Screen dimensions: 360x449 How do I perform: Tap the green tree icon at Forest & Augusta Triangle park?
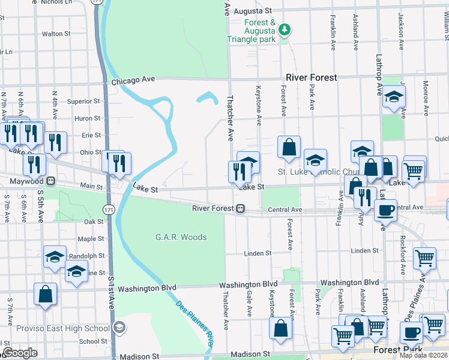[286, 29]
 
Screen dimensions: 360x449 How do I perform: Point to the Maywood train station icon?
[51, 180]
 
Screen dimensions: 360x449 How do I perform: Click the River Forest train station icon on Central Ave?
[240, 209]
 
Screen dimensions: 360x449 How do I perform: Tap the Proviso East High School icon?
[119, 328]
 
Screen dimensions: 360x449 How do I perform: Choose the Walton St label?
[56, 34]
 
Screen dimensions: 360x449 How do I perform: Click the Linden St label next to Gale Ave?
[258, 253]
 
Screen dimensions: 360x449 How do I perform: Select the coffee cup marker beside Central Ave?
[385, 210]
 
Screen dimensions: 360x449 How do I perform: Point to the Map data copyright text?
[424, 355]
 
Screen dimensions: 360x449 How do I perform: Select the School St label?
[93, 341]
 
